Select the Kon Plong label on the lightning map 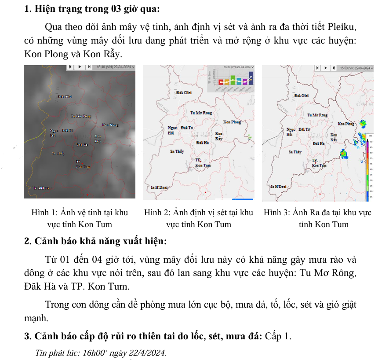(x=232, y=122)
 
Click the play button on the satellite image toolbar (x=80, y=67)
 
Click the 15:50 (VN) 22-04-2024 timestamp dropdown (x=356, y=68)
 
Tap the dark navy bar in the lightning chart (x=251, y=77)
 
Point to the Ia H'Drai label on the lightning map (x=159, y=187)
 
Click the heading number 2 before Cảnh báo (x=27, y=242)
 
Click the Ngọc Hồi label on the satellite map (x=53, y=133)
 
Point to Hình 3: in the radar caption (x=276, y=213)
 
